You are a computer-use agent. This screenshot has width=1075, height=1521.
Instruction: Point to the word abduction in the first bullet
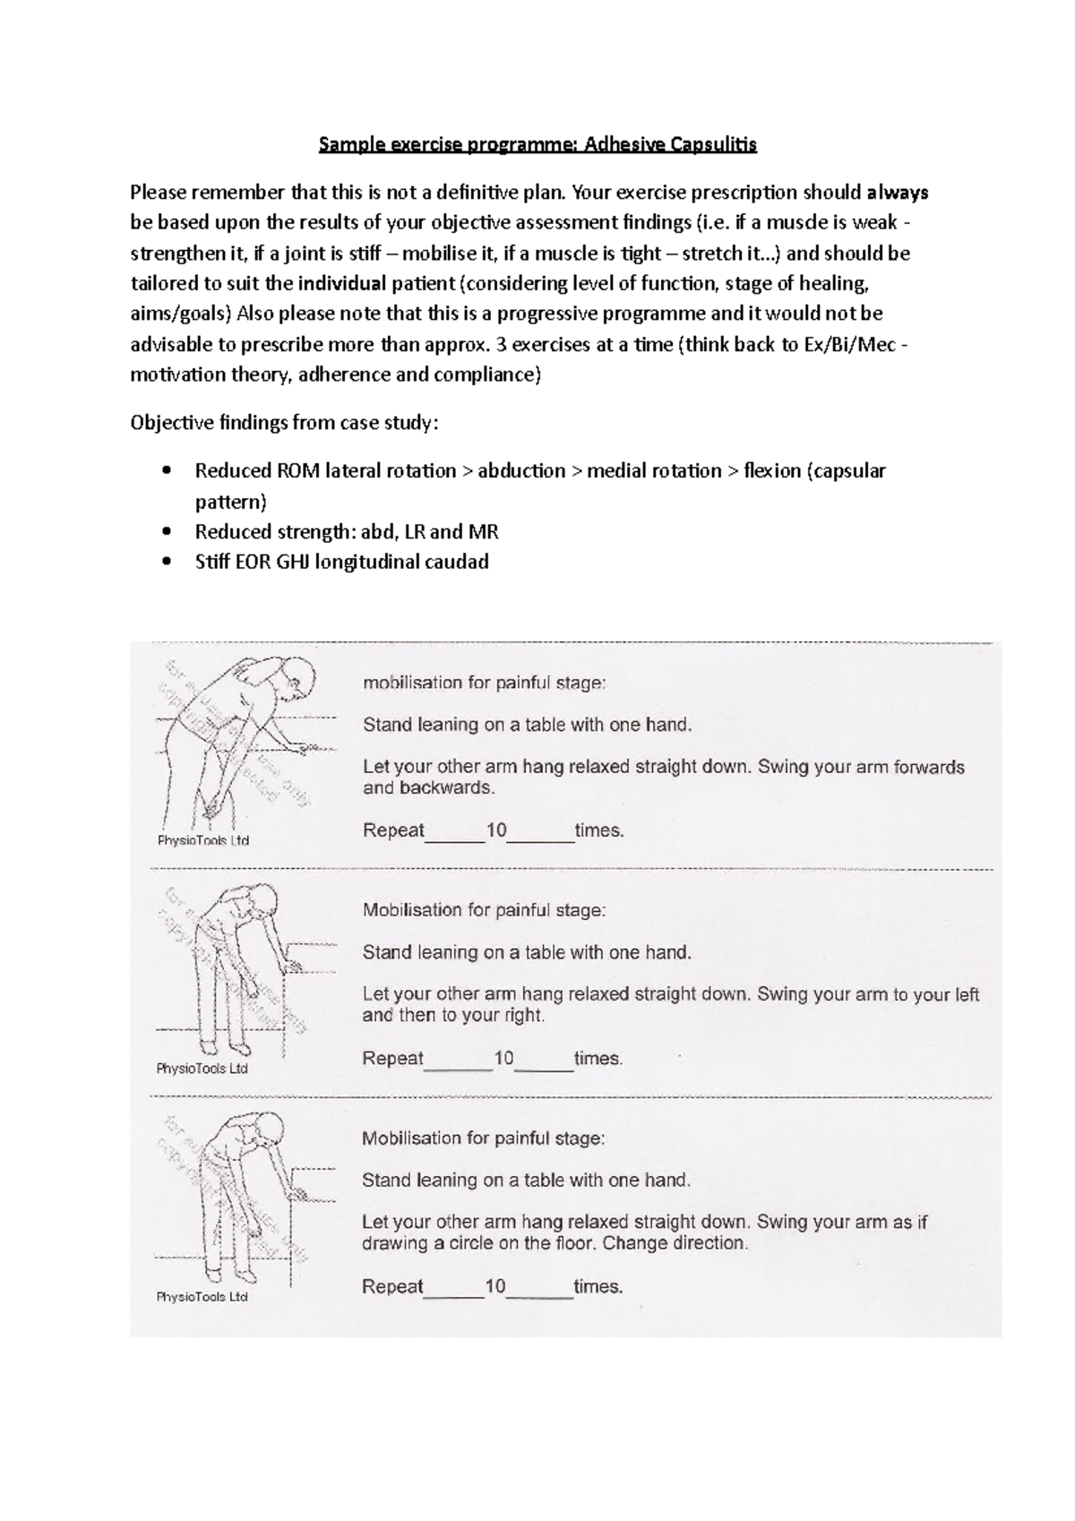click(x=521, y=471)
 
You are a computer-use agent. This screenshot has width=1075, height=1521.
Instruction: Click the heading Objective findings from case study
click(x=284, y=423)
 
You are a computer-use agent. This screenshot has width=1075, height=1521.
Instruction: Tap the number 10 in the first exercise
click(x=496, y=830)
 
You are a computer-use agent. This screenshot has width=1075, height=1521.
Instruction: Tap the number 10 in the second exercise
click(x=503, y=1058)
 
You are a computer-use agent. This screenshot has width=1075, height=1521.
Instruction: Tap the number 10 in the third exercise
click(x=495, y=1286)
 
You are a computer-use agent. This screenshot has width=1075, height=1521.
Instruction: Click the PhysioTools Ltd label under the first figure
click(x=203, y=840)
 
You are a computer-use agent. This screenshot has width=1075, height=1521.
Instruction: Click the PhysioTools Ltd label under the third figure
click(x=202, y=1296)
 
